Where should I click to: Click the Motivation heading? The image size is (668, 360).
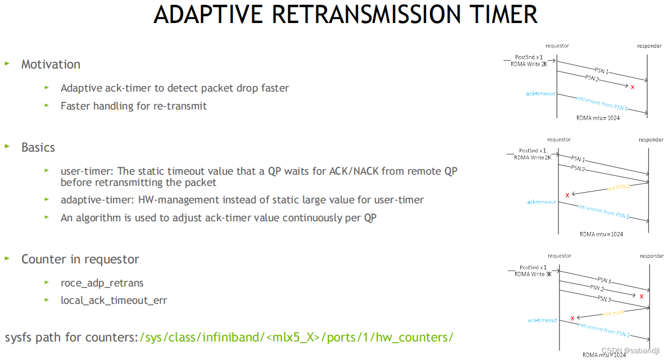tap(51, 65)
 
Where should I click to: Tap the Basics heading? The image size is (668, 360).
tap(38, 148)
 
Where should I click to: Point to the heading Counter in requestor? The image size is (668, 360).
tap(80, 259)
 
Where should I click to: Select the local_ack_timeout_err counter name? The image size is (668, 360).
tap(113, 300)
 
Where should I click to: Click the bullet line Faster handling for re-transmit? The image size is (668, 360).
tap(134, 106)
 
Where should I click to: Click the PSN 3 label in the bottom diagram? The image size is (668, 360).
tap(604, 299)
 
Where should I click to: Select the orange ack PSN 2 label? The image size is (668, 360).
tap(619, 187)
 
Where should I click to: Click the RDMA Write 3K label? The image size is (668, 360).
tap(533, 274)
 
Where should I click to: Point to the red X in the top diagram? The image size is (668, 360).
tap(633, 87)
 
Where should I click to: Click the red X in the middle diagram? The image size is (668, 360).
tap(567, 195)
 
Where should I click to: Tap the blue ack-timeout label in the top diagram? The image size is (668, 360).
tap(540, 94)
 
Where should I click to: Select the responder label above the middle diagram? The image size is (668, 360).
tap(651, 140)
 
